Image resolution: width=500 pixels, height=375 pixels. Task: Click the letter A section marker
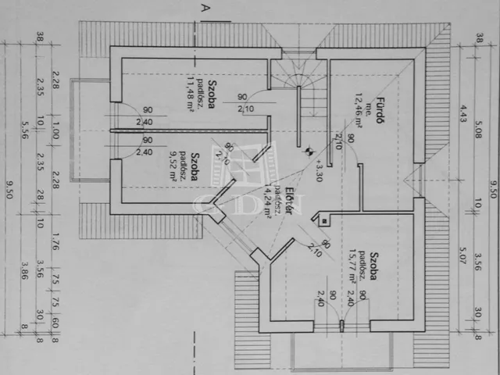click(x=205, y=8)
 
